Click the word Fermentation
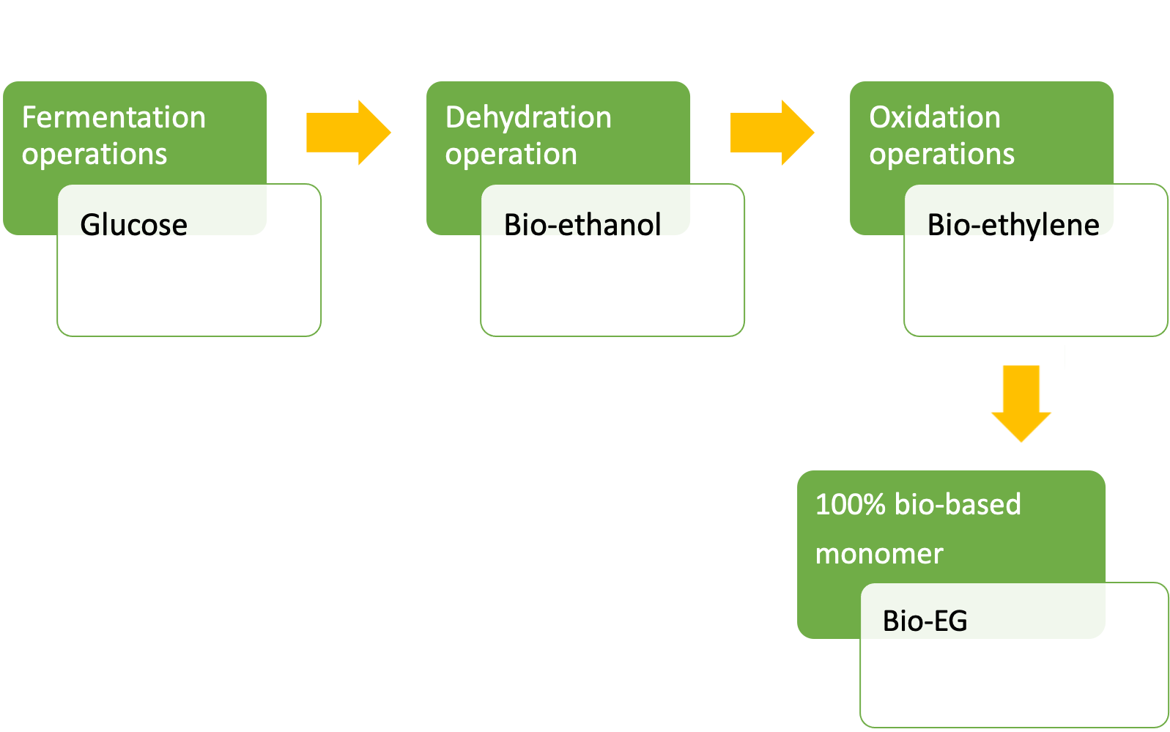click(114, 117)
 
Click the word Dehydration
click(529, 117)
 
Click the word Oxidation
click(935, 117)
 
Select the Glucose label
click(134, 225)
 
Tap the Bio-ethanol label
click(582, 225)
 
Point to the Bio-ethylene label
click(1013, 226)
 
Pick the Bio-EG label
click(925, 621)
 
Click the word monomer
click(880, 555)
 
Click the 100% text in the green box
click(851, 505)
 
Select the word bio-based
click(958, 505)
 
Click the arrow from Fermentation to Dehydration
click(349, 133)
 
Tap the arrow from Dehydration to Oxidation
click(772, 133)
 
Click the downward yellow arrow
click(1021, 403)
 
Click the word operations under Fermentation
click(95, 154)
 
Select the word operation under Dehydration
click(511, 154)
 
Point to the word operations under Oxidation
click(941, 154)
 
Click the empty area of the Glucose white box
click(189, 287)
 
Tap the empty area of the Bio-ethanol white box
click(612, 287)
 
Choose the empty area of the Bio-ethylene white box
click(1036, 287)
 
